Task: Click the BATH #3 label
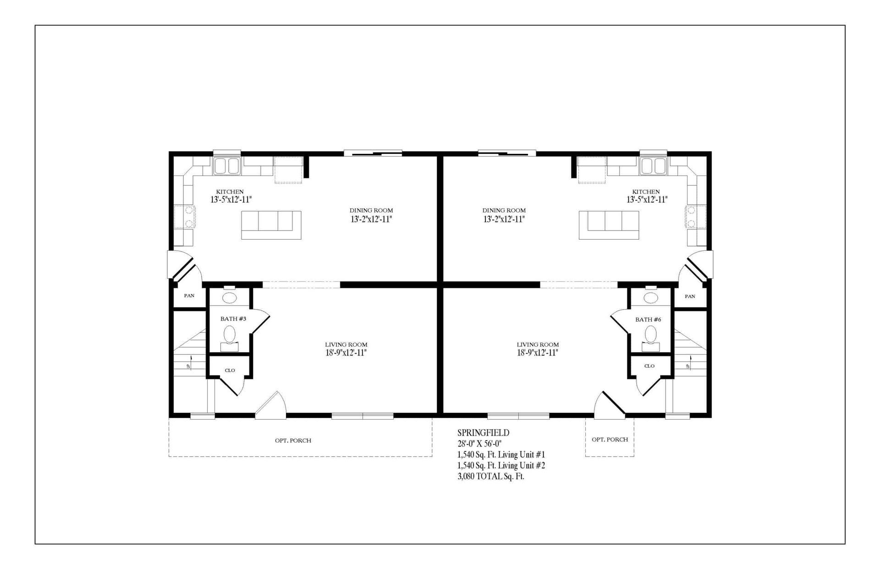click(233, 319)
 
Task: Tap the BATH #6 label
click(648, 320)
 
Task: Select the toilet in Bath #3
click(229, 334)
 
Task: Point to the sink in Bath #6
click(650, 298)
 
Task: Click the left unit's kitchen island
click(271, 225)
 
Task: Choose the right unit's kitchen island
click(609, 225)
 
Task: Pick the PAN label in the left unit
click(189, 296)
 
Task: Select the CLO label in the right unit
click(649, 366)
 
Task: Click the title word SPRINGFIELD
click(483, 433)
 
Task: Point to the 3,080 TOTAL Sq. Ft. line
click(490, 476)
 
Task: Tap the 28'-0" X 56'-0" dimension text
click(479, 443)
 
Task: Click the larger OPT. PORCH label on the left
click(293, 441)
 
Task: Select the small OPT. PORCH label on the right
click(610, 440)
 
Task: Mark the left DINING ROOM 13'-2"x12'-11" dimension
click(371, 219)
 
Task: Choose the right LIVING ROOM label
click(538, 345)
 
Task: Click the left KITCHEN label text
click(230, 192)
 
